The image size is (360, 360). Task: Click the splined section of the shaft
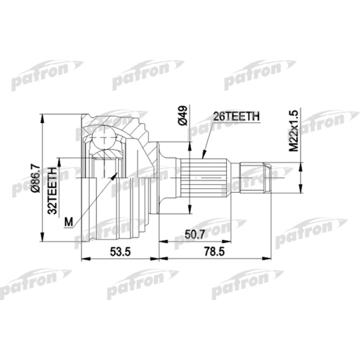(208, 178)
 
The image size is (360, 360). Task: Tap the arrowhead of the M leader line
(115, 175)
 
